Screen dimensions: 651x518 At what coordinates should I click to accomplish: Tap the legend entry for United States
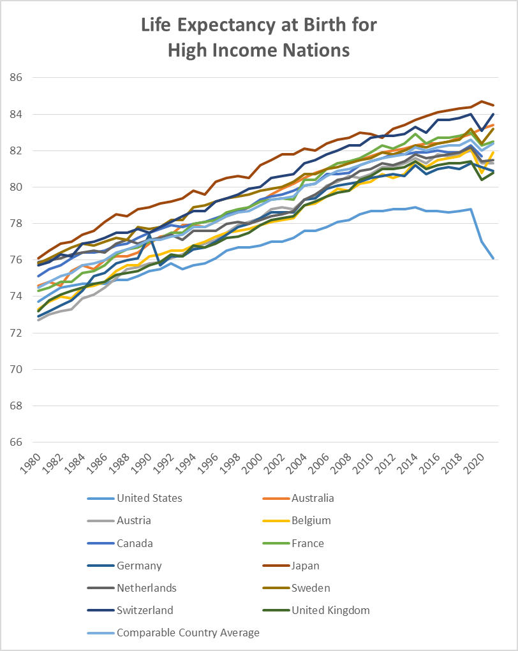pos(149,498)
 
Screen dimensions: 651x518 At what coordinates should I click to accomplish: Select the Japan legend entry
pos(306,566)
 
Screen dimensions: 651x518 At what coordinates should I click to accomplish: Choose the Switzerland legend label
pos(145,610)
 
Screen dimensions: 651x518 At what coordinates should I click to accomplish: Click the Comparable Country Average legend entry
pos(188,633)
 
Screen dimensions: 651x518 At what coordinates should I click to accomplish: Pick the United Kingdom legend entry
pos(330,610)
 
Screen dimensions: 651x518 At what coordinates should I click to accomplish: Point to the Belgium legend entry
pos(311,520)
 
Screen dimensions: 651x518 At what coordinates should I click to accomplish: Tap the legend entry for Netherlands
pos(146,588)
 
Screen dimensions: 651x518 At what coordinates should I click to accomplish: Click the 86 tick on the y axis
pos(16,78)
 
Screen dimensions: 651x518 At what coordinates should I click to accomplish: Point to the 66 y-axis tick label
pos(16,443)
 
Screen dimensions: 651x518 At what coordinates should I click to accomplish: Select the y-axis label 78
pos(16,224)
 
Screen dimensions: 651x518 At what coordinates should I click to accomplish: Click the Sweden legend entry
pos(311,588)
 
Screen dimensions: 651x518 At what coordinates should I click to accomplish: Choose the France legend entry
pos(307,543)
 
